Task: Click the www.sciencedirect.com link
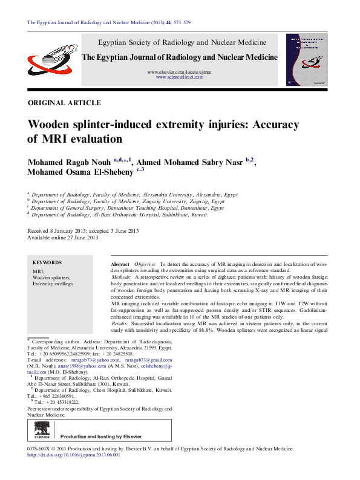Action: [179, 78]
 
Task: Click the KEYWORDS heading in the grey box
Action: [47, 263]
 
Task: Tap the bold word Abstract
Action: [120, 265]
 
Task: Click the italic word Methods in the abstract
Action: [123, 276]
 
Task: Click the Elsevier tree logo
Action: [42, 432]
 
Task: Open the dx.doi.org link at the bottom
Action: [74, 455]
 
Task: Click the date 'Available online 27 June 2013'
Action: [63, 238]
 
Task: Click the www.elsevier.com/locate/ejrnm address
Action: [180, 73]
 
